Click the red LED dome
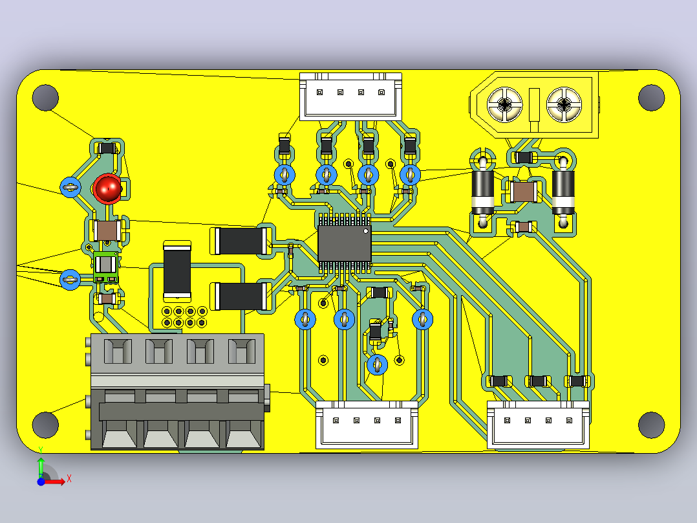click(x=107, y=188)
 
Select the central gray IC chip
click(x=345, y=243)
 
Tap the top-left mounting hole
click(x=45, y=98)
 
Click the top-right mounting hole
click(x=651, y=98)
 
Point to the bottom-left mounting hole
click(x=45, y=425)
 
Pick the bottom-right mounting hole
click(x=651, y=425)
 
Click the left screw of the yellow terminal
click(x=505, y=105)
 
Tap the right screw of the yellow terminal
click(x=564, y=105)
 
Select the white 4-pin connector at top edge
click(x=350, y=96)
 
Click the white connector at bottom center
click(x=367, y=425)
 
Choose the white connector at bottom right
click(x=539, y=425)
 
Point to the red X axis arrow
click(x=55, y=482)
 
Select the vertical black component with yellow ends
click(x=177, y=270)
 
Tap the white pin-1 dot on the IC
click(x=366, y=231)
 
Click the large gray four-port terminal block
click(x=178, y=392)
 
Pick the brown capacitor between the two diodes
click(x=523, y=192)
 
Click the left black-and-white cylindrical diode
click(x=483, y=192)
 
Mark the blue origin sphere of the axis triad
click(x=41, y=482)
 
